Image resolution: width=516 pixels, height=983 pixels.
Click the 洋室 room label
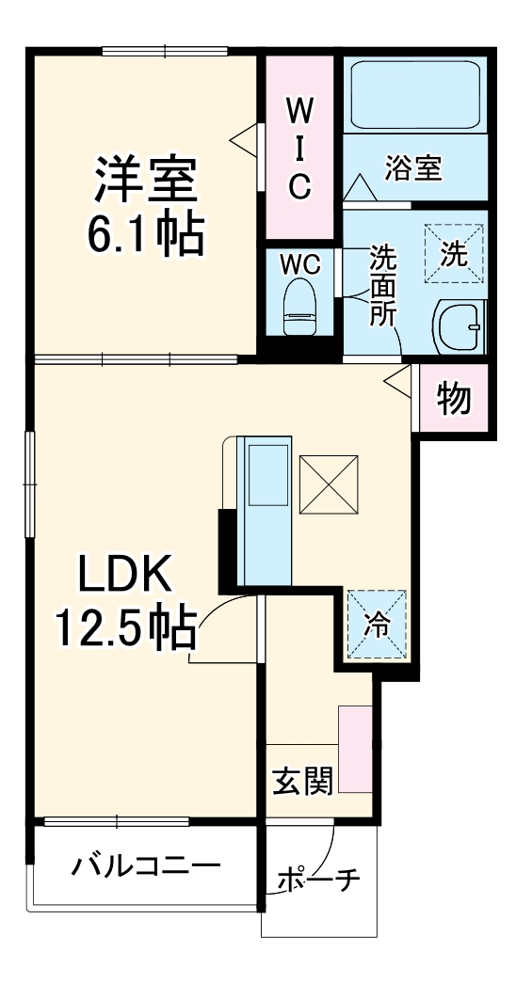(145, 180)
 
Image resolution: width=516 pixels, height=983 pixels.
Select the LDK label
(123, 575)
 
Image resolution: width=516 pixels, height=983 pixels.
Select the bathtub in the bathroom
(414, 95)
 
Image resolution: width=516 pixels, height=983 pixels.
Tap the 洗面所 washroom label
(382, 285)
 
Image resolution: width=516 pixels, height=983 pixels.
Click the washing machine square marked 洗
(452, 253)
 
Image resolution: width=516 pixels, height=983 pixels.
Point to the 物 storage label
(454, 399)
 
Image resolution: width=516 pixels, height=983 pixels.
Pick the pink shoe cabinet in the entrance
(355, 748)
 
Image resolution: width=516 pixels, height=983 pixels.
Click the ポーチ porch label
(319, 881)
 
